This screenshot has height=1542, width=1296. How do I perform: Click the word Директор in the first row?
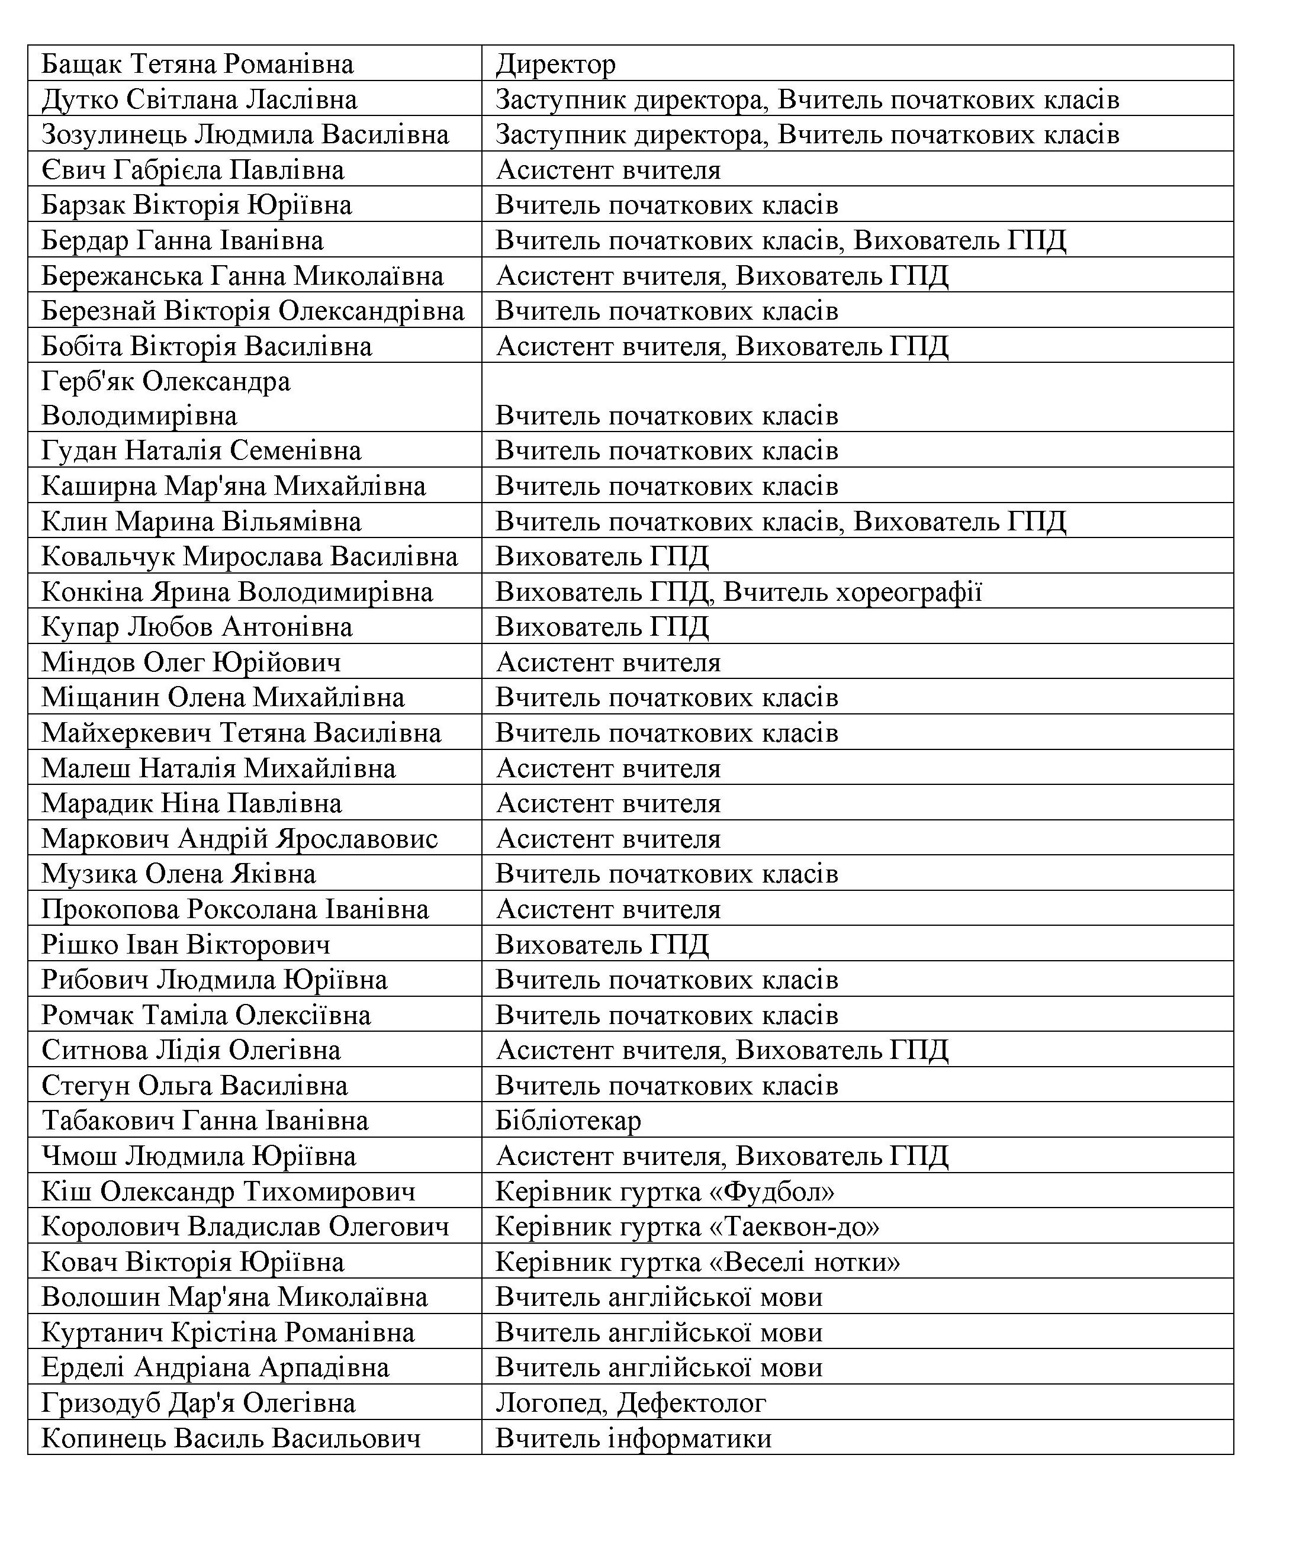(555, 65)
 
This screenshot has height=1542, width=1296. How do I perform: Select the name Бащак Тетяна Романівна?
(197, 65)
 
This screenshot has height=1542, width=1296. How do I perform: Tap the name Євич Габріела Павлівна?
(192, 170)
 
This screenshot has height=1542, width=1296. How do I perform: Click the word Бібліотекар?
(568, 1121)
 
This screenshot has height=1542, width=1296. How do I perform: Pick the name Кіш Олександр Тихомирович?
(228, 1191)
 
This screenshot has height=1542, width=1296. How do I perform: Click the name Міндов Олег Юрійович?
(191, 662)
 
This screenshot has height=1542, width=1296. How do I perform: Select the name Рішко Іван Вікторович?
(186, 944)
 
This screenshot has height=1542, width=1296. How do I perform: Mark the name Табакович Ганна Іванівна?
(205, 1121)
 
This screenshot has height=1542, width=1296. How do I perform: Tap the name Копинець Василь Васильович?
(231, 1438)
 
